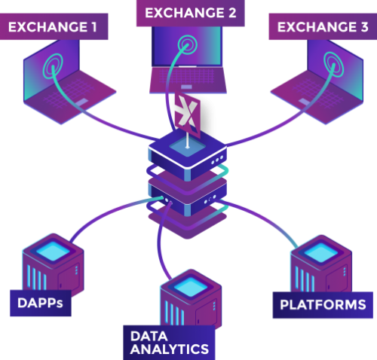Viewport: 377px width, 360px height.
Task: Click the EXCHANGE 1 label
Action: (x=54, y=26)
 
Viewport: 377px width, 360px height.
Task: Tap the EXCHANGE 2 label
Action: (x=191, y=13)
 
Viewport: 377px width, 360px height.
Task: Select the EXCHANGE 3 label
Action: (x=323, y=26)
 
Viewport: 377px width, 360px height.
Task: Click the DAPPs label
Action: (x=41, y=303)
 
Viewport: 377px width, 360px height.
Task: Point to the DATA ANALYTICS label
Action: (x=169, y=343)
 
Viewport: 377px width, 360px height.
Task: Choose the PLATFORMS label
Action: (x=323, y=305)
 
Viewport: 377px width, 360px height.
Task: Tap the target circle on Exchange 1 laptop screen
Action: (x=53, y=66)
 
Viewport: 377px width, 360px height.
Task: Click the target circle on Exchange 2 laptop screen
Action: (x=187, y=45)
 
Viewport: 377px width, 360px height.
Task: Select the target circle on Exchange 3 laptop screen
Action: (x=333, y=64)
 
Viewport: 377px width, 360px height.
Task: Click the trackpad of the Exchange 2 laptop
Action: (x=187, y=87)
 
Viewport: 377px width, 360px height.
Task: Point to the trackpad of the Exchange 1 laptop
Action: (x=81, y=102)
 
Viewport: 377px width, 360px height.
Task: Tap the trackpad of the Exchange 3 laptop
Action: (x=305, y=102)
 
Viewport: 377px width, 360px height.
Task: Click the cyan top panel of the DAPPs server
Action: (x=53, y=251)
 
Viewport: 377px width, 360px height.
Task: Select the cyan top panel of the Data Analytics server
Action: (x=191, y=287)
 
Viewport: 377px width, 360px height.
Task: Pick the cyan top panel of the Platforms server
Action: (x=321, y=252)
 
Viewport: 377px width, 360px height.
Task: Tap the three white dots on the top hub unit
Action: (x=217, y=160)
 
